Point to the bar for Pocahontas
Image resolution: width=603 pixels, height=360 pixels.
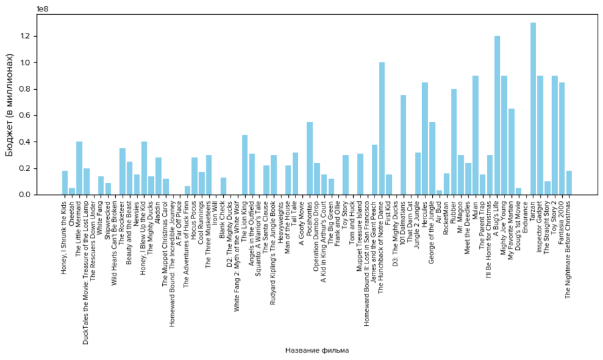coord(310,158)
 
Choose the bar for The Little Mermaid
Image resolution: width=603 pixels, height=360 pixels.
coord(79,168)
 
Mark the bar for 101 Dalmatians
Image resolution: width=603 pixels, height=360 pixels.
coord(403,145)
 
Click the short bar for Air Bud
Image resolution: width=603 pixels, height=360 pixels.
coord(439,192)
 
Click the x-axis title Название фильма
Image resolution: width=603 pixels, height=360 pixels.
coord(316,351)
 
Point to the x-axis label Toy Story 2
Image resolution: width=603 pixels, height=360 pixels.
coord(555,218)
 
